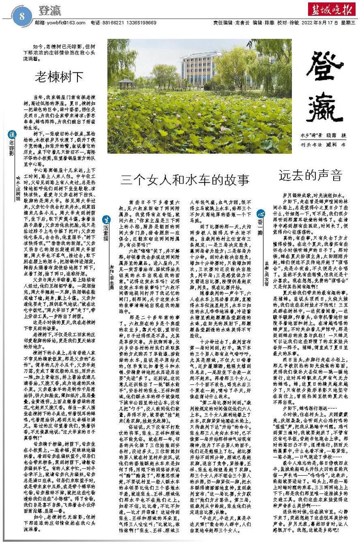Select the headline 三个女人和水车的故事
point(178,178)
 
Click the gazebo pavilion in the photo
point(126,83)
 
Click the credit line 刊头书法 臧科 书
point(320,145)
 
